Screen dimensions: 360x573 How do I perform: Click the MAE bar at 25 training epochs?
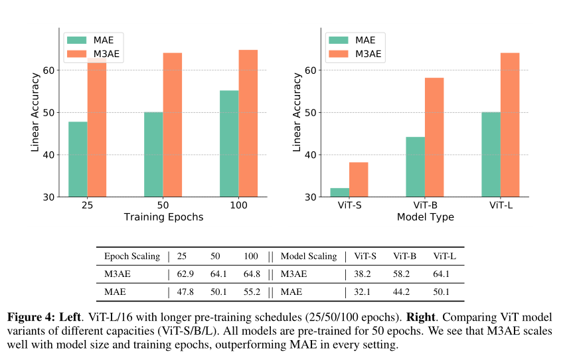point(78,159)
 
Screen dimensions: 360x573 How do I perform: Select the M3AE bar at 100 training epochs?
point(248,124)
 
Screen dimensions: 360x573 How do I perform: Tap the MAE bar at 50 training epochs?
point(153,155)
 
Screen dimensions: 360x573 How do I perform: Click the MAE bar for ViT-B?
point(415,167)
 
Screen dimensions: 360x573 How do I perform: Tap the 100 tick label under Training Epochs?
point(239,205)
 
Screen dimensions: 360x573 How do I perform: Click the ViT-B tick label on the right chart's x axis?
point(425,205)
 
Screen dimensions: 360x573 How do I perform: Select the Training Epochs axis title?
point(163,217)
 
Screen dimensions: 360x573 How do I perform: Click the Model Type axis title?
point(425,217)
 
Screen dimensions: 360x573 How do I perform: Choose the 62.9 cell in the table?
point(186,274)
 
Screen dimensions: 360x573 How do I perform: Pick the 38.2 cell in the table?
point(363,274)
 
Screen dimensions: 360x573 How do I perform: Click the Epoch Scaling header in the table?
point(132,256)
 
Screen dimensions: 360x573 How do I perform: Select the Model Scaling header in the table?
point(309,256)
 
